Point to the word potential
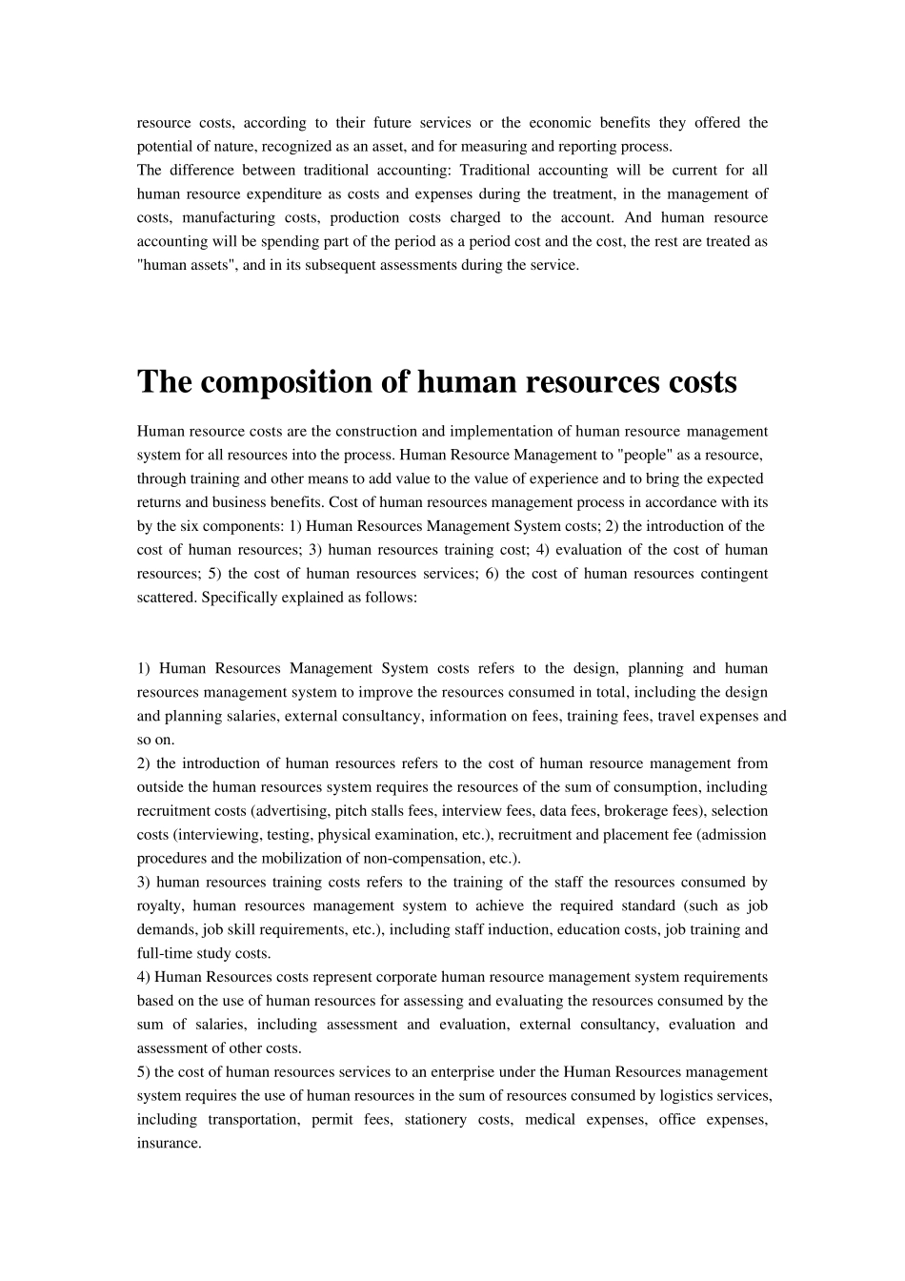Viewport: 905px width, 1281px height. pos(163,146)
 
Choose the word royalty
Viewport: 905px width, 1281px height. pos(159,905)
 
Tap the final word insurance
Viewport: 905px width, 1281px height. pos(168,1143)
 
